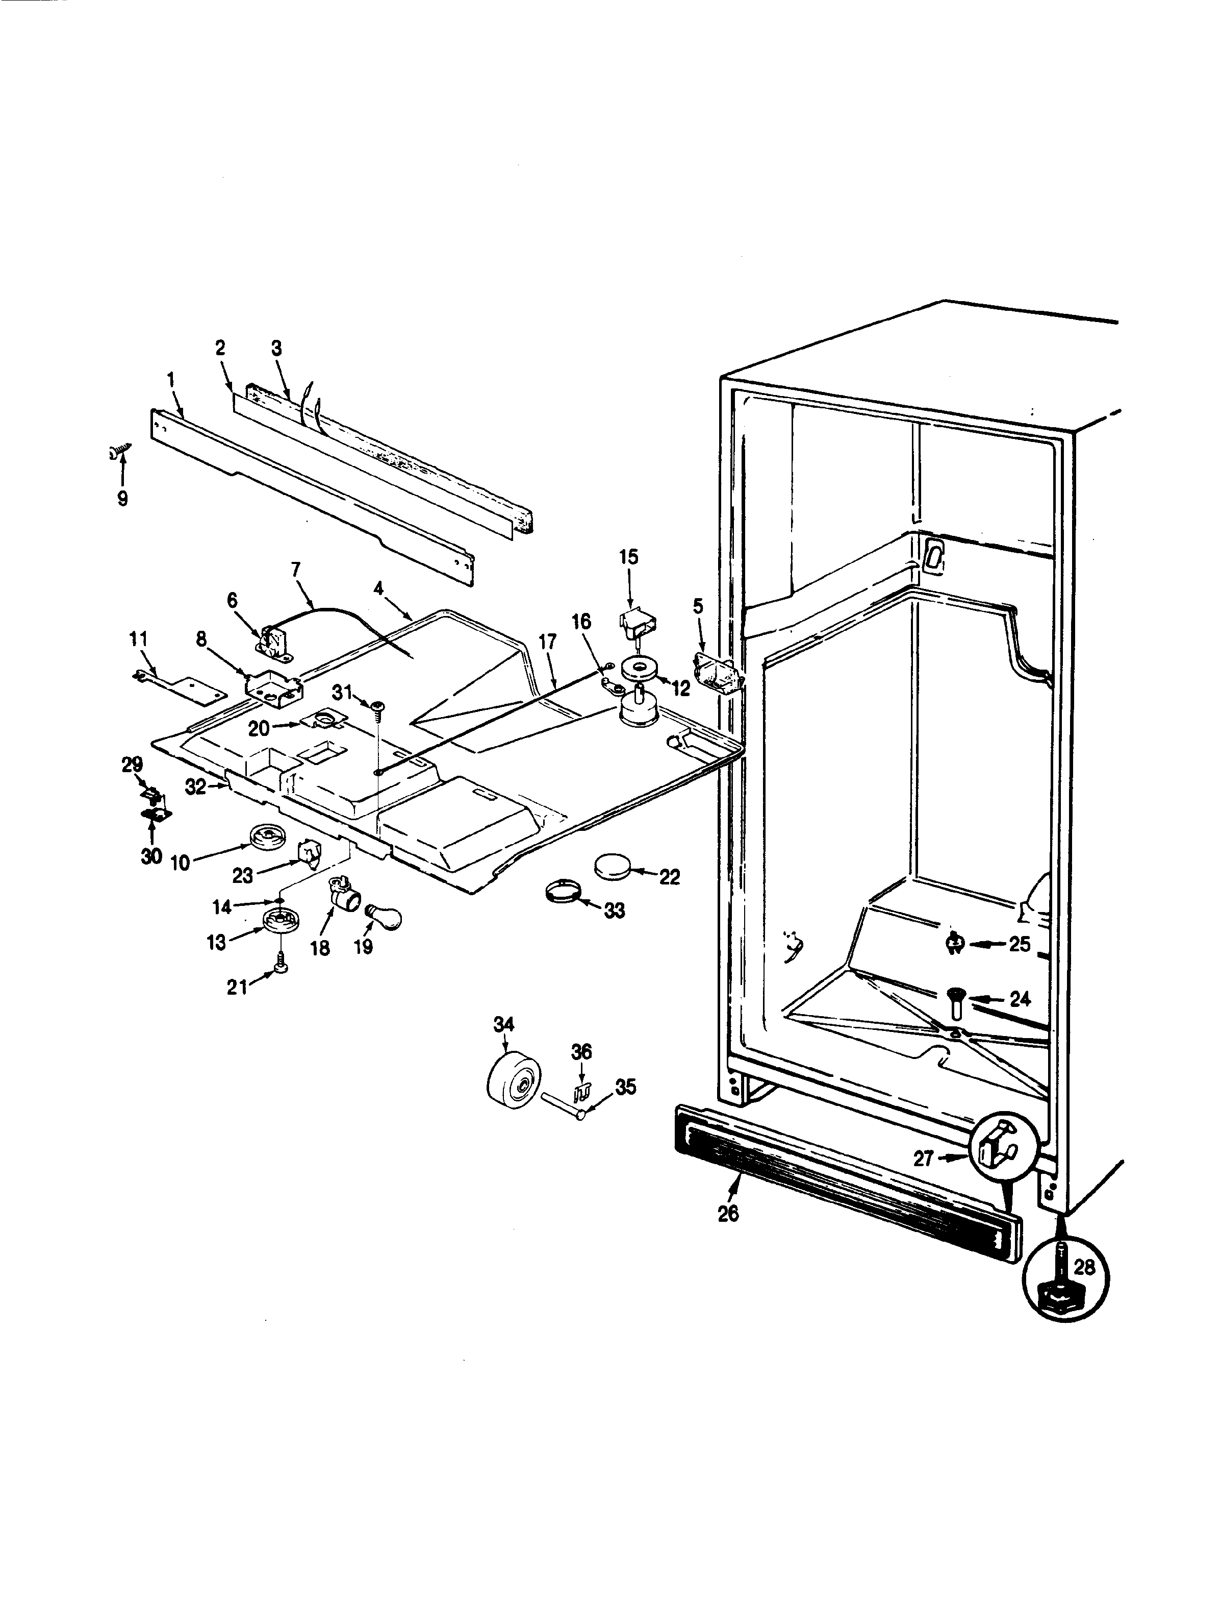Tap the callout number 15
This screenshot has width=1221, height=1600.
pos(629,557)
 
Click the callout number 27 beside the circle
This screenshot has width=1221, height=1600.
pos(923,1159)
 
